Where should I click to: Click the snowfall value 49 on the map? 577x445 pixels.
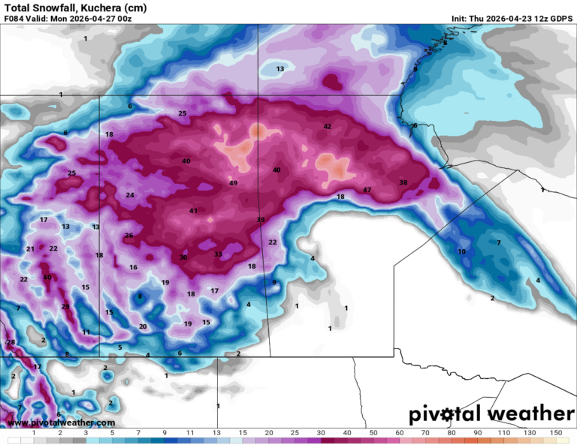(233, 183)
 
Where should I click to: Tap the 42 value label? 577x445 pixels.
(327, 126)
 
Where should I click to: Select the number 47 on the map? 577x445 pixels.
(367, 190)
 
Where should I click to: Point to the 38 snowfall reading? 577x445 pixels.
(403, 182)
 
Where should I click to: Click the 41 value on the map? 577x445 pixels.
(193, 211)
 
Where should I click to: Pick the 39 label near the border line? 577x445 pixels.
(261, 220)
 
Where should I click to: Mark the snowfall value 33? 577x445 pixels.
(218, 254)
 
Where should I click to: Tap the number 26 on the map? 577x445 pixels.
(128, 236)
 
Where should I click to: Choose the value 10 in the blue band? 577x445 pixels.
(462, 251)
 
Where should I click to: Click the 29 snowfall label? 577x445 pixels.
(65, 306)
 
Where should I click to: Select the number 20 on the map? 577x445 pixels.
(143, 326)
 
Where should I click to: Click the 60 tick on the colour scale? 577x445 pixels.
(398, 433)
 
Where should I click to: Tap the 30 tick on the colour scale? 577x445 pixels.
(321, 433)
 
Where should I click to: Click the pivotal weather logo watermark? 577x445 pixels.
(491, 413)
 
